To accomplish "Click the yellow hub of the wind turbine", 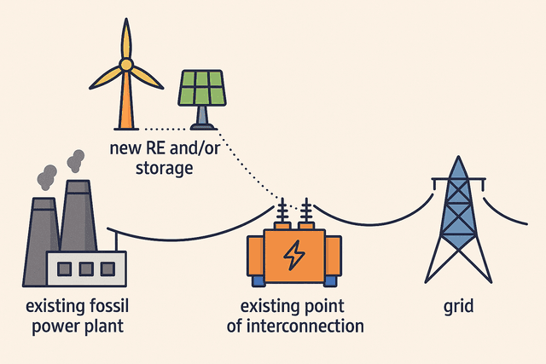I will (126, 64).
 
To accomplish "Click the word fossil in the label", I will (113, 305).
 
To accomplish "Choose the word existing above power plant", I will (57, 305).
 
